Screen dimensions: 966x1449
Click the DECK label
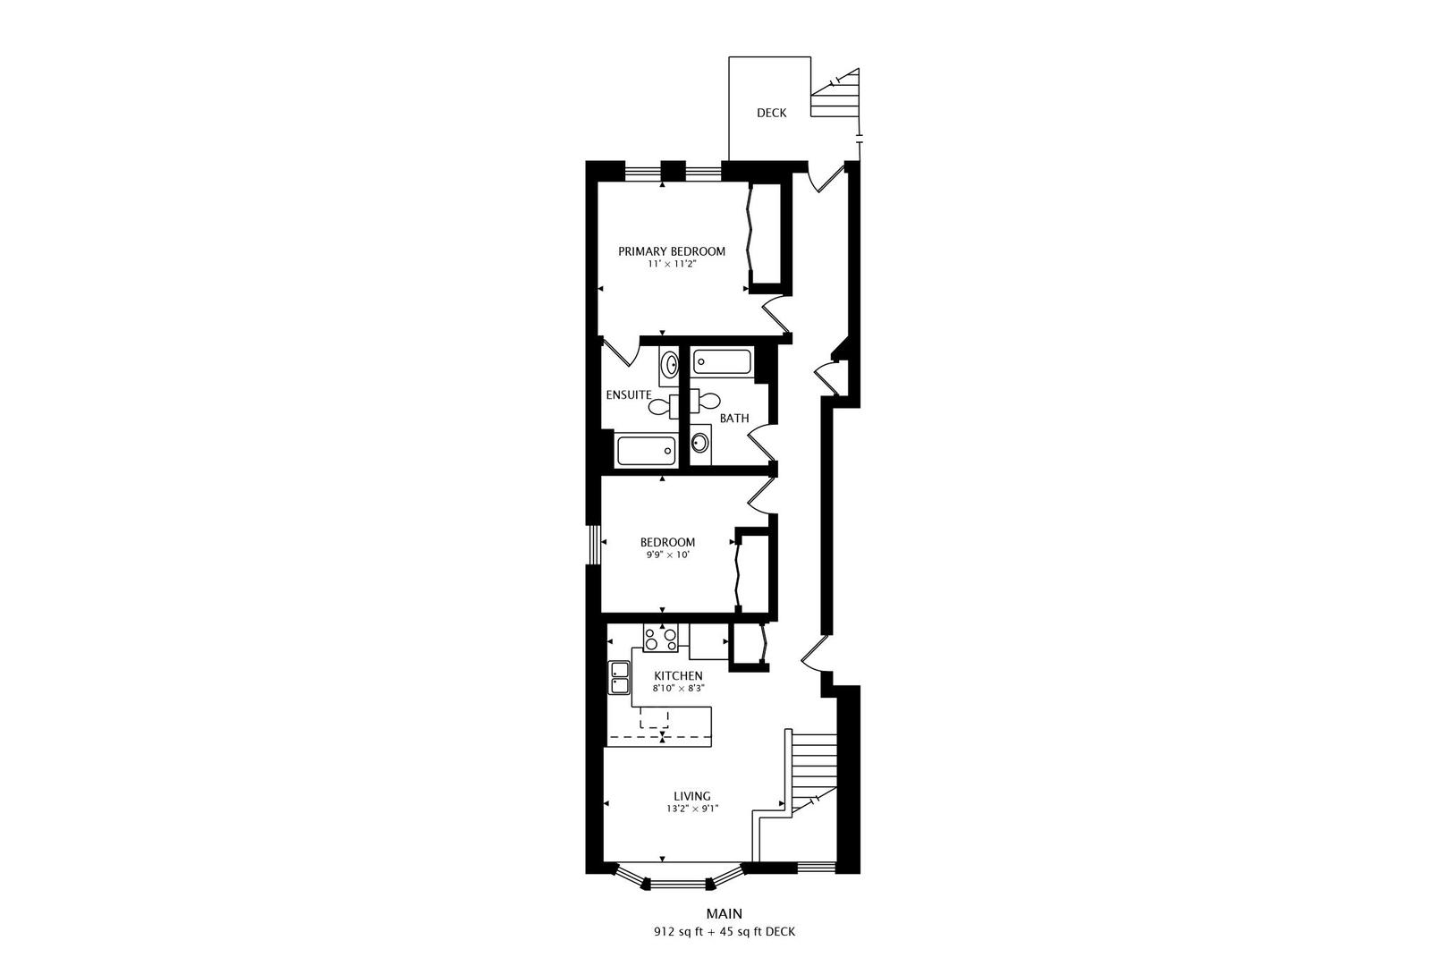point(771,113)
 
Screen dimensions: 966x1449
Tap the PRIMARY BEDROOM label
point(672,251)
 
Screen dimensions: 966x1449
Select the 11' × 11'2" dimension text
point(672,265)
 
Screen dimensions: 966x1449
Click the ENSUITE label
point(628,394)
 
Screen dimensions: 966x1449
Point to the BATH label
point(734,418)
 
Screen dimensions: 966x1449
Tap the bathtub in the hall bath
point(723,362)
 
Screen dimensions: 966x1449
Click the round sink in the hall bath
point(700,442)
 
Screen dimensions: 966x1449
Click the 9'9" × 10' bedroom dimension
point(667,555)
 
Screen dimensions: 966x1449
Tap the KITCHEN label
point(678,675)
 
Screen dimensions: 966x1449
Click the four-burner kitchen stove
point(660,639)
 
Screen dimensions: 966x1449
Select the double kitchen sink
point(618,678)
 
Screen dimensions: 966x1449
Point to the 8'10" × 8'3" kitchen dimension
point(678,689)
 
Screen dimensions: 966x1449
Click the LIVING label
point(692,796)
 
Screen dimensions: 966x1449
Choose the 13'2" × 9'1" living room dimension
point(692,809)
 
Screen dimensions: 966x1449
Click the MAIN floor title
point(724,913)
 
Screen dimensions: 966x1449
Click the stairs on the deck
point(835,97)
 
